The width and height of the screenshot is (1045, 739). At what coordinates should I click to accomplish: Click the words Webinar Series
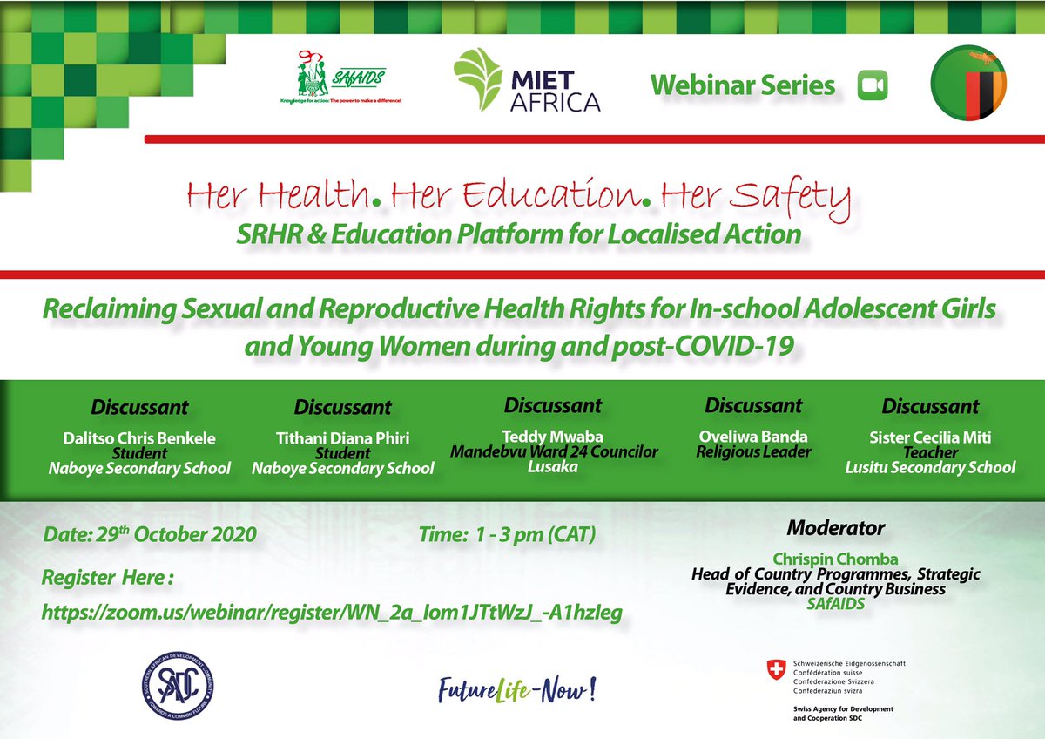click(x=742, y=85)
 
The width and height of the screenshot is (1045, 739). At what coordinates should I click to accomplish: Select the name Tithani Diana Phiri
click(x=342, y=438)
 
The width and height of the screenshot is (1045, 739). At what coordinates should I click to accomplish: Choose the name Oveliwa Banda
click(x=752, y=437)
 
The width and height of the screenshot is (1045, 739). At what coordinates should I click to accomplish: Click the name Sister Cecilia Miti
click(x=930, y=437)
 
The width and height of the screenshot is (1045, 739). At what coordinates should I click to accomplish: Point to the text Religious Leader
click(x=752, y=451)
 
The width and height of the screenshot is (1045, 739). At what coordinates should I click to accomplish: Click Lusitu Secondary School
click(x=930, y=467)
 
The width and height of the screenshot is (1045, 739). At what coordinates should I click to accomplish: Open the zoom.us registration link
click(x=332, y=614)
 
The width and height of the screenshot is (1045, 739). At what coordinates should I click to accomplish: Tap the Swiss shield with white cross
click(x=773, y=670)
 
